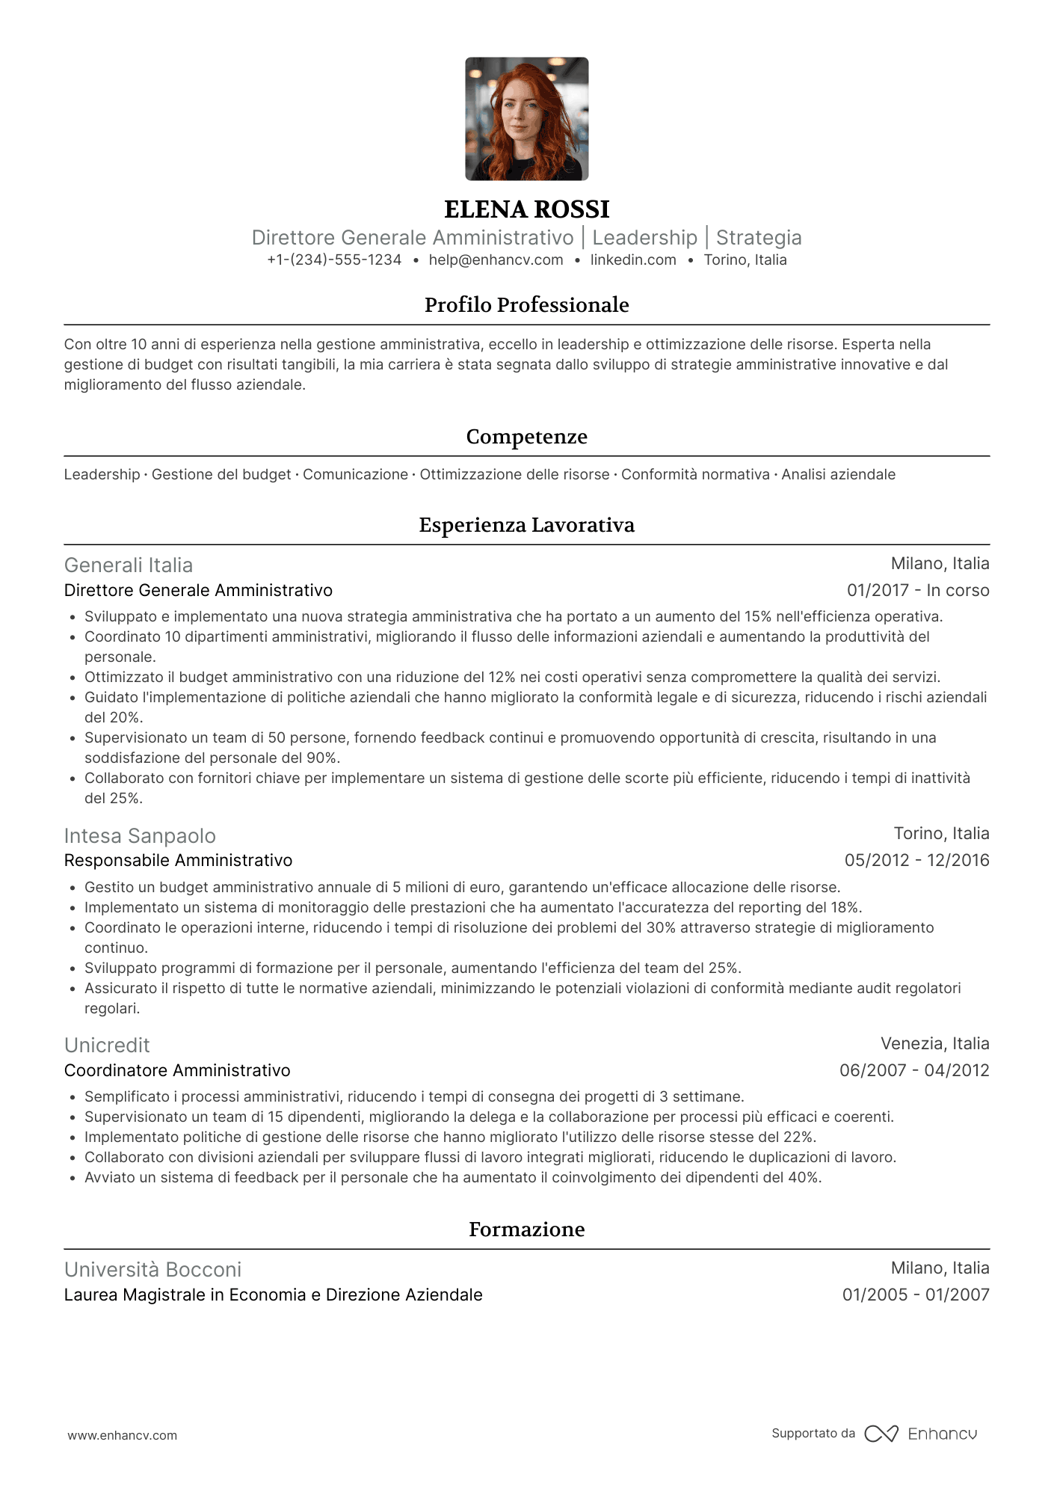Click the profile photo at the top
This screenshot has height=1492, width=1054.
(x=526, y=119)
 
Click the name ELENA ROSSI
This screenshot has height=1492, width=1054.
(x=526, y=209)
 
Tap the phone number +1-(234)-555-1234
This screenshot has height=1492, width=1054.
(x=334, y=260)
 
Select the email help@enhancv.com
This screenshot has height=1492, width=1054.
(x=496, y=260)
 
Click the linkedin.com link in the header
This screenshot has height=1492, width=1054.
(x=633, y=260)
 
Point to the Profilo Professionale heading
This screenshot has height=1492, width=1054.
(x=526, y=305)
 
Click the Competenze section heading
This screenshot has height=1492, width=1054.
(x=526, y=437)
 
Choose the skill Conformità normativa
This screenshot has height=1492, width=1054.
(x=695, y=475)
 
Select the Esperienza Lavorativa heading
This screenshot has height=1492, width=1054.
(x=526, y=525)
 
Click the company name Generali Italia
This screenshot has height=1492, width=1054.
(x=129, y=565)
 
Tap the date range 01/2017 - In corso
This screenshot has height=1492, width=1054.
(x=918, y=591)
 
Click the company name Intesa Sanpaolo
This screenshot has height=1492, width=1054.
(x=140, y=836)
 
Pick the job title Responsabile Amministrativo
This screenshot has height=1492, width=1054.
(x=178, y=861)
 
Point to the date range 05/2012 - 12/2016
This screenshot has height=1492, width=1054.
(x=916, y=861)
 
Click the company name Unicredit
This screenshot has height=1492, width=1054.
(x=107, y=1046)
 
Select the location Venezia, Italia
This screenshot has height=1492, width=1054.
(x=934, y=1044)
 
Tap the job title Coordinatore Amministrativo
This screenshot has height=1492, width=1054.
(x=177, y=1071)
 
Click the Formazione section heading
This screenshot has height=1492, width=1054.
(x=526, y=1229)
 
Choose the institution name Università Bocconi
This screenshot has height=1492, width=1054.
(x=152, y=1270)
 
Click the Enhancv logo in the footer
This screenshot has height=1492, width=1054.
(x=921, y=1434)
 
